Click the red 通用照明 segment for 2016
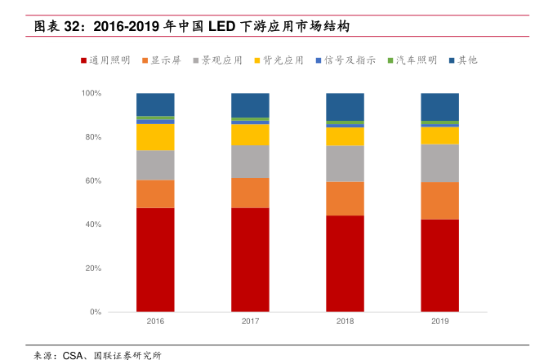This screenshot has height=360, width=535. point(155,260)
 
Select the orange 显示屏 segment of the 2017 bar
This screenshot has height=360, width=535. point(250,193)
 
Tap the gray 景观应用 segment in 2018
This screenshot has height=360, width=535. point(345,163)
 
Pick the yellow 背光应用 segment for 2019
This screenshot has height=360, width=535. point(439,135)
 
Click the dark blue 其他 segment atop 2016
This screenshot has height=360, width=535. point(155,104)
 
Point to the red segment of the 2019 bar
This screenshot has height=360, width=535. point(439,265)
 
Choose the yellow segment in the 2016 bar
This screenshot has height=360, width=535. point(155,137)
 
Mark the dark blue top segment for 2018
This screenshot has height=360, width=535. point(345,106)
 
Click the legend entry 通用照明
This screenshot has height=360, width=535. point(105,60)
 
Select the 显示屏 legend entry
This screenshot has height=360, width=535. point(164,60)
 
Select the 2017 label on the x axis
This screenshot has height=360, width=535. point(250,322)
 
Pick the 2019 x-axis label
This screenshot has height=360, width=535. point(439,322)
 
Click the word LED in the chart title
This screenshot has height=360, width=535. point(221,26)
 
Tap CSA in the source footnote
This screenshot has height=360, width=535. point(74,355)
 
